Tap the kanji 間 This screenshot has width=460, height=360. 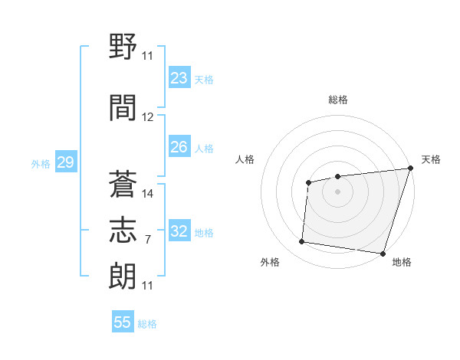click(123, 106)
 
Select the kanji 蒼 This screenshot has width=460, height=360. click(123, 184)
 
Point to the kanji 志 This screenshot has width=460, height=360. click(123, 231)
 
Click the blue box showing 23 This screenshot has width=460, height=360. click(179, 78)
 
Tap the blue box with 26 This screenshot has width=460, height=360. click(179, 147)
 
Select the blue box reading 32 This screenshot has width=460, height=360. click(179, 231)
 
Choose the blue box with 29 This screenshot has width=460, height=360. click(65, 162)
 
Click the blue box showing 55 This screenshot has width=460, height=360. click(123, 322)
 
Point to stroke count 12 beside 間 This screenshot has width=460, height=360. click(148, 116)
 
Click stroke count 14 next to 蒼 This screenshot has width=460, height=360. click(148, 193)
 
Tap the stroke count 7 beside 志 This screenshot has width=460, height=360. click(147, 239)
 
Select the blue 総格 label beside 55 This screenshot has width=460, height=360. click(147, 324)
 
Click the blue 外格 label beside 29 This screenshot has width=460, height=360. click(41, 163)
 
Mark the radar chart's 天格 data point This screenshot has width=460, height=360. click(410, 169)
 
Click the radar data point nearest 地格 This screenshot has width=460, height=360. click(383, 254)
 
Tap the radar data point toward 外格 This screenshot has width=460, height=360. click(302, 242)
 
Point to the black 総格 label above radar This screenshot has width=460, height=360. click(338, 100)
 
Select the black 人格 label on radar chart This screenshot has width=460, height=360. click(245, 159)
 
